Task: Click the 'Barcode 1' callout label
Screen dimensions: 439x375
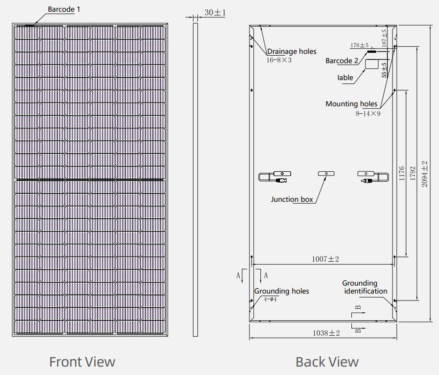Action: [64, 9]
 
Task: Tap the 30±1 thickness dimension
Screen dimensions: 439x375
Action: [215, 13]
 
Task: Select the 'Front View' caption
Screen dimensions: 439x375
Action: [82, 362]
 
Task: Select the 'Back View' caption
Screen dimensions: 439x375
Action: [327, 362]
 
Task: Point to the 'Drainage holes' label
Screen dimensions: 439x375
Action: [292, 51]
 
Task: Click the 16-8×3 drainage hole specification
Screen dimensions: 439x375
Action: [279, 60]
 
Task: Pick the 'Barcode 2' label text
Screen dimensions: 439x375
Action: [342, 61]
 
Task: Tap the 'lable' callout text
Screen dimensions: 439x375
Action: [345, 77]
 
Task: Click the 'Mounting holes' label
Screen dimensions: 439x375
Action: [351, 103]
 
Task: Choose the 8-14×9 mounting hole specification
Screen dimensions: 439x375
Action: [368, 113]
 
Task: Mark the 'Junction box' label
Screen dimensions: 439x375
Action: [292, 199]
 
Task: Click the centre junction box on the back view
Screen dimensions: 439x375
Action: [326, 174]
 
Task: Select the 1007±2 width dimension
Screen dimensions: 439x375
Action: [325, 259]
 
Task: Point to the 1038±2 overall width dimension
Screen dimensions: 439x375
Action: [326, 333]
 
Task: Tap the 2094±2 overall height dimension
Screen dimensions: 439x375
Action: [424, 174]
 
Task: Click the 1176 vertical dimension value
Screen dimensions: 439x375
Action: [402, 173]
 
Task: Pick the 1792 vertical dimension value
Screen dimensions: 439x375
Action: [412, 173]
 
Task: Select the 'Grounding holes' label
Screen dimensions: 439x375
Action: [281, 291]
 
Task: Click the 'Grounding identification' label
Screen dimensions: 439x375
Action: [365, 287]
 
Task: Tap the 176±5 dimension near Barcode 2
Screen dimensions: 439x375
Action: [359, 45]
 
